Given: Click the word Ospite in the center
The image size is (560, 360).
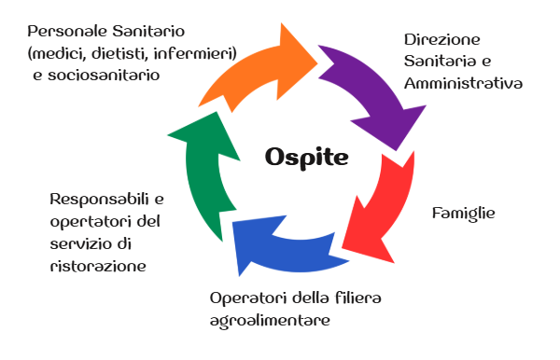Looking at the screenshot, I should click(x=306, y=157).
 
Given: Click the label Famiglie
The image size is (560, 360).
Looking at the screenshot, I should click(x=463, y=214).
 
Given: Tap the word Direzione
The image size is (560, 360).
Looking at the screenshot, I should click(x=441, y=41).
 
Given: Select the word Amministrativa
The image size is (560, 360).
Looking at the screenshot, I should click(x=462, y=83).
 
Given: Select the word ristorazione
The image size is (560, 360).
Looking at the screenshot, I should click(x=97, y=266).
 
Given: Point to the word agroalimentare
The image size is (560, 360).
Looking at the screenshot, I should click(x=271, y=320).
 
